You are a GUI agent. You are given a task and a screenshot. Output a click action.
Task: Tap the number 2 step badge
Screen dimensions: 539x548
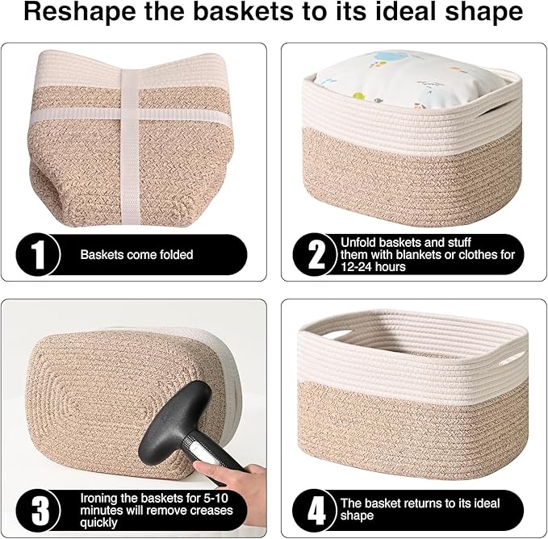317,254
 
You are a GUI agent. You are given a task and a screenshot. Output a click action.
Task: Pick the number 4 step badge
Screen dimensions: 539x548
317,511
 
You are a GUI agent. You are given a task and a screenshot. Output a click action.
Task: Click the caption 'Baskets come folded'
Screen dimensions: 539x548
136,255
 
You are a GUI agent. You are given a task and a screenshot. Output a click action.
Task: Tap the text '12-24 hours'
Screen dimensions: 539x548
373,266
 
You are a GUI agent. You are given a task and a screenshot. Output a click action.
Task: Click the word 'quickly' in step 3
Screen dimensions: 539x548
98,522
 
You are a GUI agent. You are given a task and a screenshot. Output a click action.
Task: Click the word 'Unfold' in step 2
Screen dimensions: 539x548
358,242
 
